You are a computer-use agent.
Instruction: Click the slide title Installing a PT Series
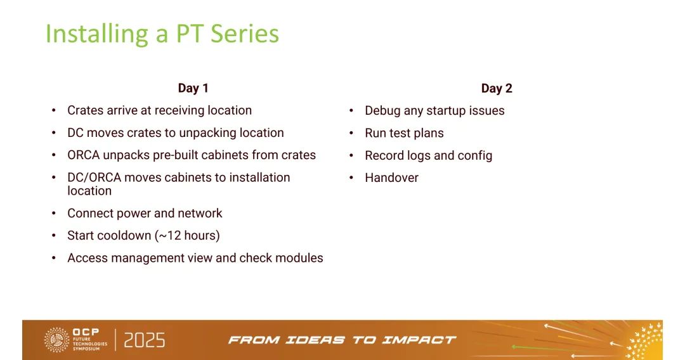click(162, 34)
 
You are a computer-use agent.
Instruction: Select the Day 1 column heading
click(193, 88)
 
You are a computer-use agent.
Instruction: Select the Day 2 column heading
click(497, 89)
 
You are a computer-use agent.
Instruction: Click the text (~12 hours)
click(187, 236)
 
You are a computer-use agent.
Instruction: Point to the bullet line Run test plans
click(404, 133)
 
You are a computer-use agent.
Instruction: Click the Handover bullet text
click(391, 177)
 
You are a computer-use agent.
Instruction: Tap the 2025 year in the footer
click(145, 340)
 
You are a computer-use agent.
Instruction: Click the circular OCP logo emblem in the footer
click(57, 340)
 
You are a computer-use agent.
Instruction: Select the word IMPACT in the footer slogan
click(419, 340)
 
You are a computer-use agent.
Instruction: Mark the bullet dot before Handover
click(351, 177)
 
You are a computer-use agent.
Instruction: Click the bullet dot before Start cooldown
click(54, 236)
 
